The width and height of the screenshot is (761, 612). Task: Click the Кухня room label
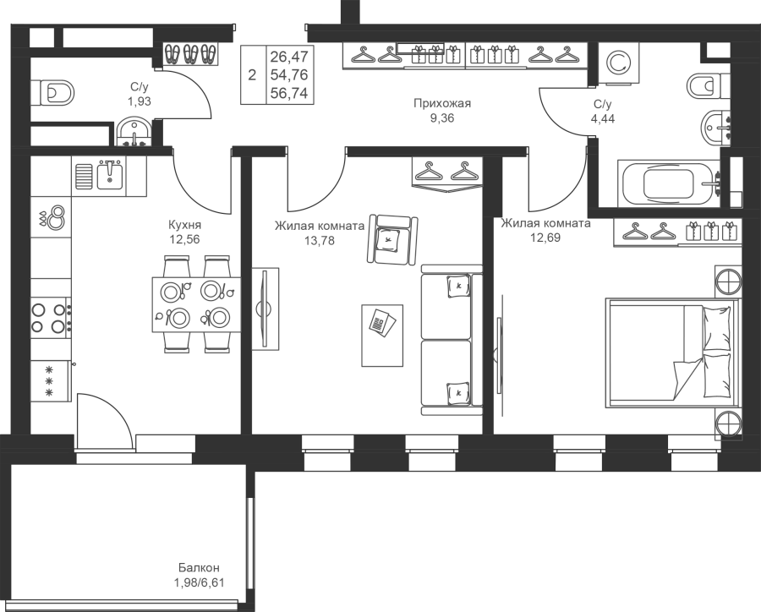click(184, 225)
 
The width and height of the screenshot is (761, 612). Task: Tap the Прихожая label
click(442, 103)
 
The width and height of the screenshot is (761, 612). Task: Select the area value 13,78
click(320, 240)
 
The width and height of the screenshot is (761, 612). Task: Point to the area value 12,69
click(545, 238)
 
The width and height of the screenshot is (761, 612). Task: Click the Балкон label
click(199, 567)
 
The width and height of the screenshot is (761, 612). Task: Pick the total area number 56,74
click(289, 93)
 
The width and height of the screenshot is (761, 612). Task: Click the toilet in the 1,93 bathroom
click(53, 93)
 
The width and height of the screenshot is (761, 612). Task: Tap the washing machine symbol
click(617, 62)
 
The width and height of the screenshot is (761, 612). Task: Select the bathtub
click(668, 183)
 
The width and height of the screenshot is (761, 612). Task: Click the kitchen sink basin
click(110, 175)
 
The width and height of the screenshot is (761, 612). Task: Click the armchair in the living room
click(392, 239)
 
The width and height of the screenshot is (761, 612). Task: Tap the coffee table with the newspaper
click(382, 336)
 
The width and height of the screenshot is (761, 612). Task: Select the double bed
click(672, 352)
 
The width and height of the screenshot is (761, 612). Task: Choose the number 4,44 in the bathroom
click(602, 118)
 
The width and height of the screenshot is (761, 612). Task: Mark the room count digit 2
click(252, 75)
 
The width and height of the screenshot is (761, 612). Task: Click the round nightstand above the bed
click(728, 281)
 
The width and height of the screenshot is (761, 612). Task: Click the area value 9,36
click(442, 118)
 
